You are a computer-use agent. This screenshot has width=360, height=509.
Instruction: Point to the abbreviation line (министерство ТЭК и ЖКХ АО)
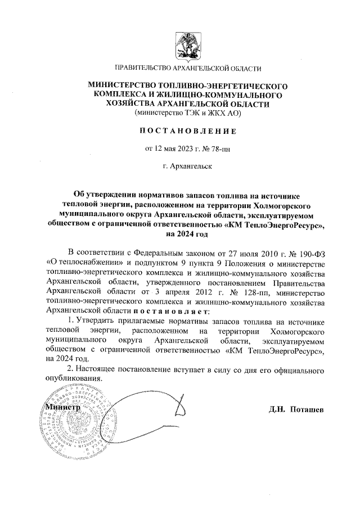pyautogui.click(x=188, y=113)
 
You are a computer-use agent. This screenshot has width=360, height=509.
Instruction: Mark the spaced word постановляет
pyautogui.click(x=171, y=310)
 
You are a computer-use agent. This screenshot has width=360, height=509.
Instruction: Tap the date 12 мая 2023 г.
pyautogui.click(x=170, y=149)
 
